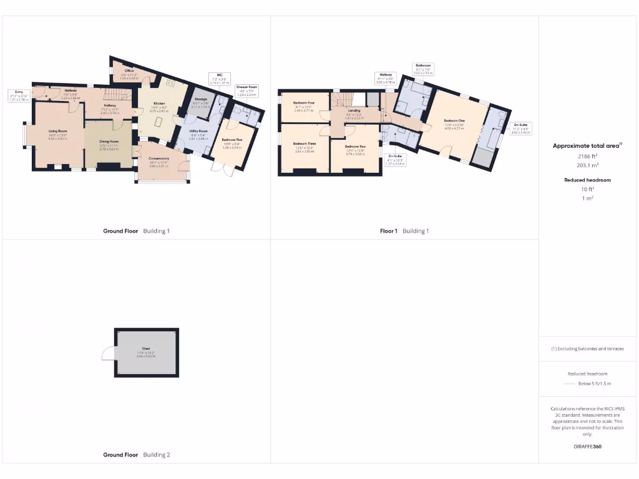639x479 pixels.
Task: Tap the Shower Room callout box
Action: coord(246,90)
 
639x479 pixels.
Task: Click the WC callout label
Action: coord(219,78)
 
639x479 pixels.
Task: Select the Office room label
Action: coord(129,73)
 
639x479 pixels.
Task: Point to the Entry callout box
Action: coord(19,95)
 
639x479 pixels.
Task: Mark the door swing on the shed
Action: coord(107,354)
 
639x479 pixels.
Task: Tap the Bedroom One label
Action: coord(454,122)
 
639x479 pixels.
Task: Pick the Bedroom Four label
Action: coord(303,104)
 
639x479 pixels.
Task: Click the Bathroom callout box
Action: coord(422,68)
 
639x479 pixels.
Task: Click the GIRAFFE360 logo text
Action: coord(588,447)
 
